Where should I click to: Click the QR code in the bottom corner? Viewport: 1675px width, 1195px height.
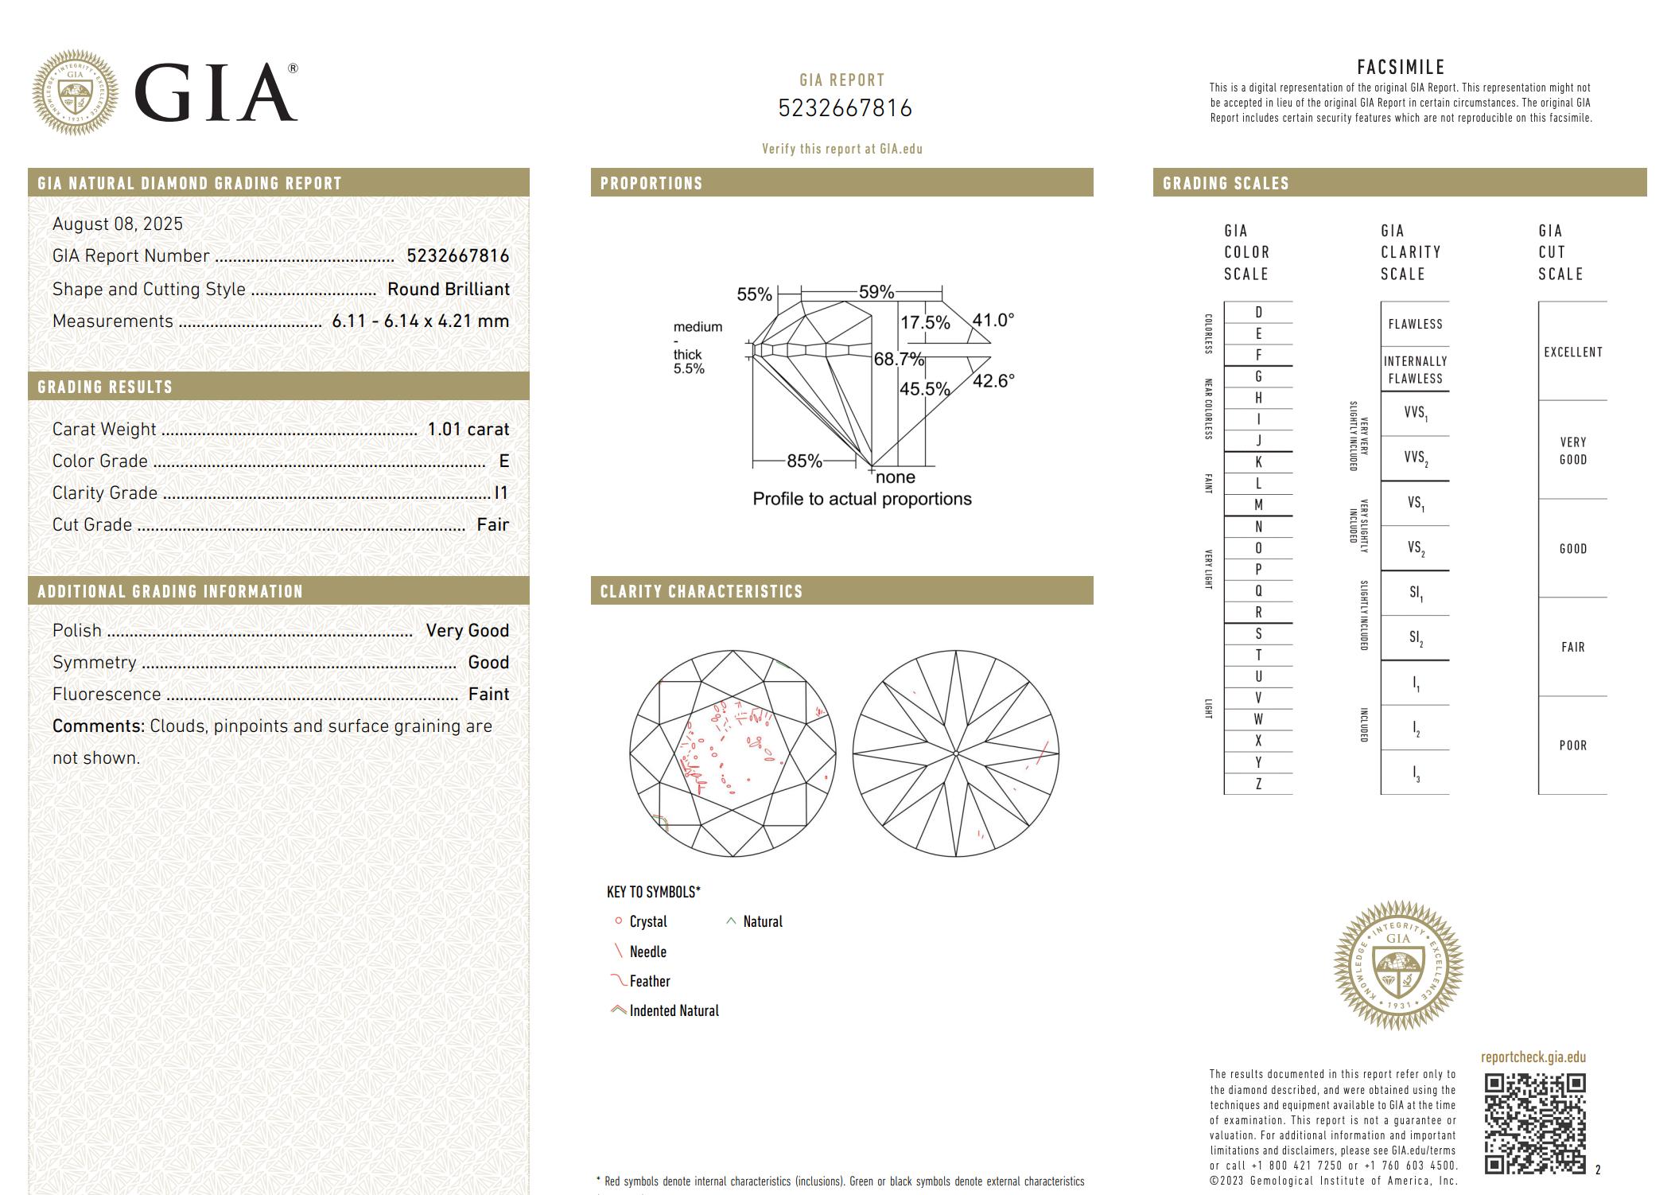tap(1534, 1123)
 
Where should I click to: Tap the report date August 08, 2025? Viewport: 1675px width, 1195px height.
tap(118, 224)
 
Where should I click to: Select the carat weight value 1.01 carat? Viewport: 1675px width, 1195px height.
tap(468, 430)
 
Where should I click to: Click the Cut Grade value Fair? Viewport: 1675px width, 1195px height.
tap(492, 525)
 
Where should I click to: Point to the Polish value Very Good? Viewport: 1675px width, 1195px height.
tap(467, 631)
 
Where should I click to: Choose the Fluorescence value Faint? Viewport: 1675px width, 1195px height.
tap(488, 695)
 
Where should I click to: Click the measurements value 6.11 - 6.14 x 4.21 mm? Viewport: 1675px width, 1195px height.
tap(420, 321)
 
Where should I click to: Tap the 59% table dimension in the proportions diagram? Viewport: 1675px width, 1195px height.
tap(876, 292)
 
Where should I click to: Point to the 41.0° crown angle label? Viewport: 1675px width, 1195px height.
tap(993, 320)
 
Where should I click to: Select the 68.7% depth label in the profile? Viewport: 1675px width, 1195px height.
tap(899, 359)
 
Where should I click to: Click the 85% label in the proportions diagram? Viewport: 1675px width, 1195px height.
tap(803, 461)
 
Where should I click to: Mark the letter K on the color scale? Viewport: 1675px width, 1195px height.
tap(1258, 462)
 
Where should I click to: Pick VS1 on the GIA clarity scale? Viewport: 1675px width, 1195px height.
tap(1416, 504)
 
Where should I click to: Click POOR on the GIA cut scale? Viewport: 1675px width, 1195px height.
tap(1572, 745)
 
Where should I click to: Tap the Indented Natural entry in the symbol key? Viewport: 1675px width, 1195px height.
tap(673, 1011)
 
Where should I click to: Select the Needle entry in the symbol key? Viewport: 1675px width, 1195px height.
tap(647, 952)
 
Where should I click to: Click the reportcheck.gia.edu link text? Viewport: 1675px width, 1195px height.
tap(1533, 1057)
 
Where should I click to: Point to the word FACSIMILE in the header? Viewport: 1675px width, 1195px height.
tap(1401, 68)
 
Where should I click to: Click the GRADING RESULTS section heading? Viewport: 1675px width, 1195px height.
tap(105, 387)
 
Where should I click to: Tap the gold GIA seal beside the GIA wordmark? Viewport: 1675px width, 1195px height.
tap(75, 92)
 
